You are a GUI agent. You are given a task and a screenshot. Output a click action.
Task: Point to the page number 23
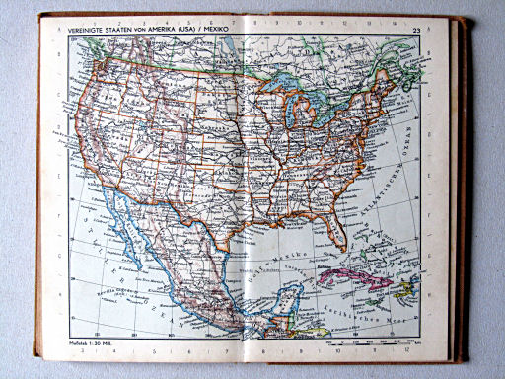416,30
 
